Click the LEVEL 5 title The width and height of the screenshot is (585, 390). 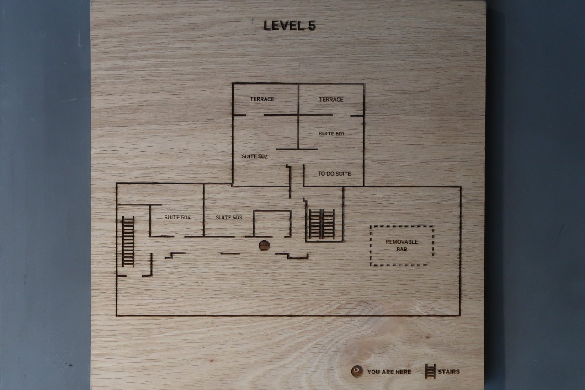click(x=290, y=26)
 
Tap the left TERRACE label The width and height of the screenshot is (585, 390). click(x=262, y=99)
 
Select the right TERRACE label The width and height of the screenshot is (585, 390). click(x=331, y=99)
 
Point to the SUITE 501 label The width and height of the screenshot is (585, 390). click(x=331, y=134)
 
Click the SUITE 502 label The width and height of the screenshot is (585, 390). click(x=255, y=156)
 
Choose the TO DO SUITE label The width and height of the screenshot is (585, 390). click(x=334, y=173)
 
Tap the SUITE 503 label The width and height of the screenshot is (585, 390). click(x=229, y=217)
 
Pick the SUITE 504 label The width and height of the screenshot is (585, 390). click(x=177, y=217)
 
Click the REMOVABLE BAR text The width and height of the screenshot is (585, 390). click(x=402, y=246)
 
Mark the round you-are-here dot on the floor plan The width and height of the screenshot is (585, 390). click(x=264, y=246)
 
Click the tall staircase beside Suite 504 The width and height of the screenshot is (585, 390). click(x=128, y=241)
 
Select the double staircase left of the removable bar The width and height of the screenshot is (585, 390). click(x=322, y=224)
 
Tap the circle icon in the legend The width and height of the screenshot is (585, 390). click(x=357, y=371)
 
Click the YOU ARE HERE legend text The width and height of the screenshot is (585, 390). click(x=389, y=372)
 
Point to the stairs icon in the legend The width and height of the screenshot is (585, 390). click(x=431, y=371)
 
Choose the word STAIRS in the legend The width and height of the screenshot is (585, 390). click(x=449, y=371)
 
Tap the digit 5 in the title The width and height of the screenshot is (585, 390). click(x=312, y=26)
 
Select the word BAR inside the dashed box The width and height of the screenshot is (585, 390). click(x=402, y=249)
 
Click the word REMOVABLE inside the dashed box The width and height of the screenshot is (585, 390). click(x=402, y=242)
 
